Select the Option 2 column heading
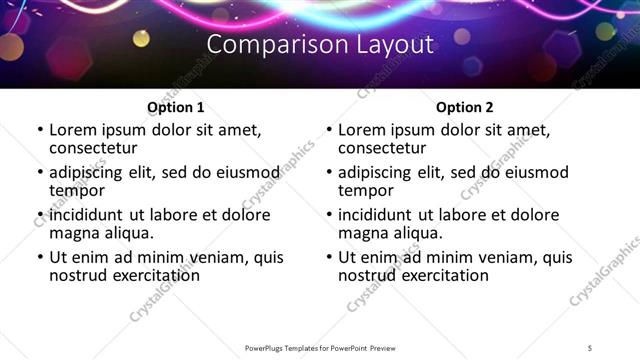[465, 107]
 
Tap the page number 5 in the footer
[590, 347]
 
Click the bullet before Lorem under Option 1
[39, 131]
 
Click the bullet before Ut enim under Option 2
[328, 257]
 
